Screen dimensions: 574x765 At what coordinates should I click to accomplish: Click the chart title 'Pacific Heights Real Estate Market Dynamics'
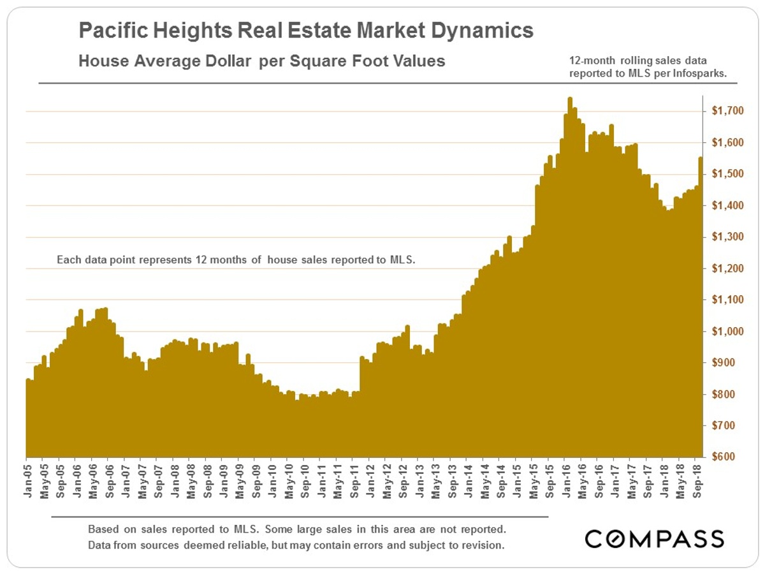point(306,31)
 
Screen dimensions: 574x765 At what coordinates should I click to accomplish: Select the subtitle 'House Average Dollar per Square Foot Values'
point(261,62)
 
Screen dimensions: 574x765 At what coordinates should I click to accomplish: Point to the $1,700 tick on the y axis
point(727,112)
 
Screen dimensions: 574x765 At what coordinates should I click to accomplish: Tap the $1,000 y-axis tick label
point(727,332)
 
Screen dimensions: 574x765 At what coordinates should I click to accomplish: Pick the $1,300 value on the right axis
point(727,237)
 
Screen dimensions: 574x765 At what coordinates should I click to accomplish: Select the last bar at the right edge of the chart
point(701,306)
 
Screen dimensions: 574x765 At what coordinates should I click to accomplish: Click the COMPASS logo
point(655,538)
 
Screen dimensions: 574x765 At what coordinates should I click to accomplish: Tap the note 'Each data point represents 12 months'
point(236,260)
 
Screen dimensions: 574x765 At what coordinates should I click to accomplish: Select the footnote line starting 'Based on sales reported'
point(298,530)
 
